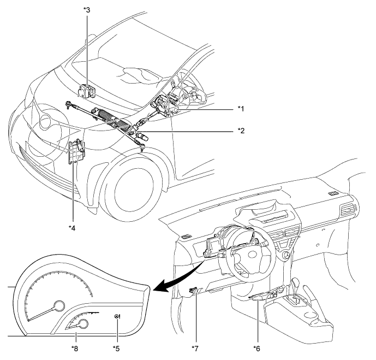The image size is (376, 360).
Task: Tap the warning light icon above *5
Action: click(x=117, y=316)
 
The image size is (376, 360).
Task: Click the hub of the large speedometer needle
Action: click(x=59, y=306)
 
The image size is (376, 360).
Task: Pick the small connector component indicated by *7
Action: click(x=195, y=290)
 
